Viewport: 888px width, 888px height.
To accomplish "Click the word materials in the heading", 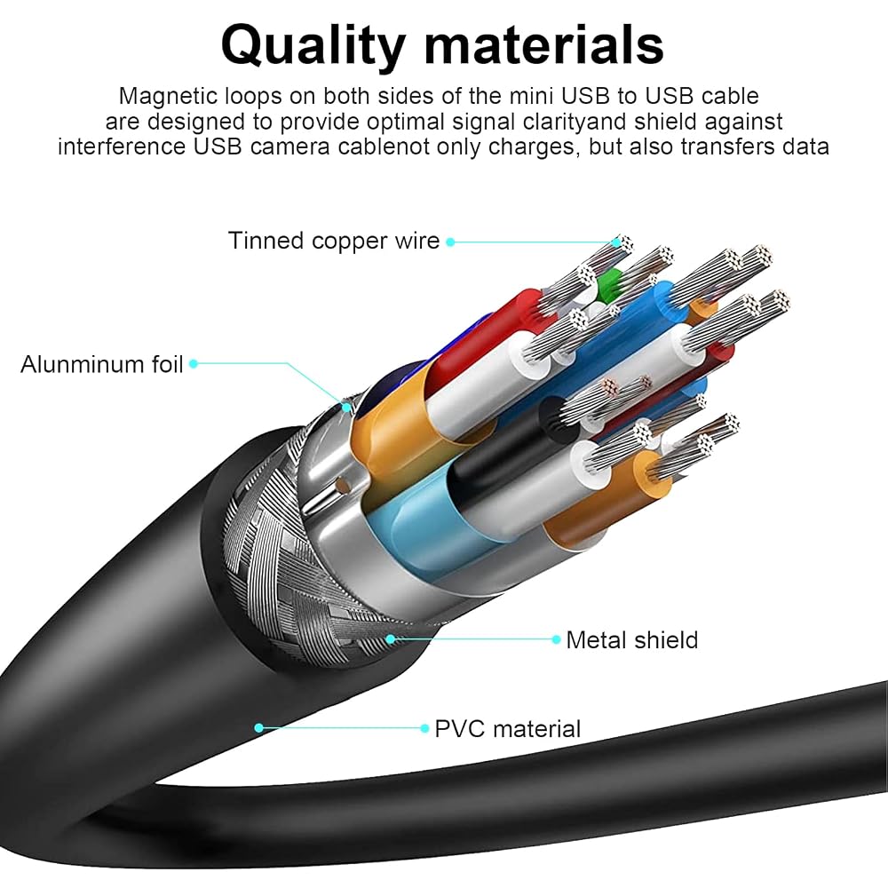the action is (543, 44).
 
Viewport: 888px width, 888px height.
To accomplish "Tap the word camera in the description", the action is (290, 147).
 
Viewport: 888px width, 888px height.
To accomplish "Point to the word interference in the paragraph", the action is (121, 147).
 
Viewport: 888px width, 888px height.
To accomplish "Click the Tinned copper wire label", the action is (334, 242).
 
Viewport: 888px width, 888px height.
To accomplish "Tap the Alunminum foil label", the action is (102, 364).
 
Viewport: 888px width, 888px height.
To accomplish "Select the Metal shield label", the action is (632, 640).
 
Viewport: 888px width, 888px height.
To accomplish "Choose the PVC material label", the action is (507, 729).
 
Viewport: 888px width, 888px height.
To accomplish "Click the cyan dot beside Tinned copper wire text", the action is (450, 242).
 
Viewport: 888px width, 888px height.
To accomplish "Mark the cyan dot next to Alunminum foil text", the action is (193, 363).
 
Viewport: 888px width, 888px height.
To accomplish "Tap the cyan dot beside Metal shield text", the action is (556, 639).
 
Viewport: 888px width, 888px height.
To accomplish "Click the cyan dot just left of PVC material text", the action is (424, 728).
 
